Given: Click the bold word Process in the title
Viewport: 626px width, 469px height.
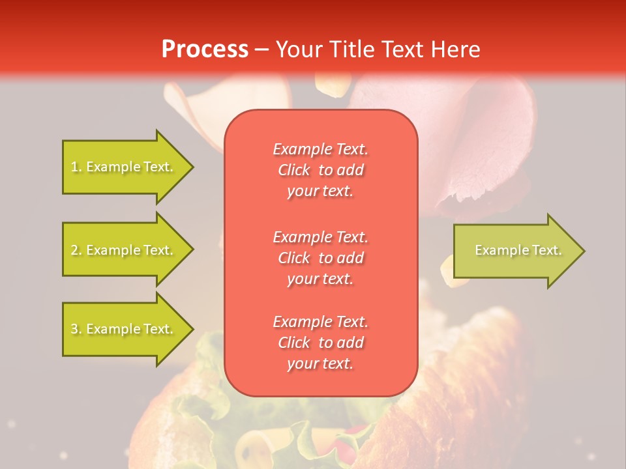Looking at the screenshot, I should pos(205,50).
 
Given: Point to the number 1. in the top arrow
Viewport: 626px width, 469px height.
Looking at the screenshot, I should pos(76,167).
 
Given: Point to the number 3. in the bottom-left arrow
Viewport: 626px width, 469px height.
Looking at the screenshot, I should pos(76,329).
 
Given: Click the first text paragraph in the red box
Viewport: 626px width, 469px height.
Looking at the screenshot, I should pos(320,170).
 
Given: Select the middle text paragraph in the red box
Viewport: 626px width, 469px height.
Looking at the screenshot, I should pos(320,258).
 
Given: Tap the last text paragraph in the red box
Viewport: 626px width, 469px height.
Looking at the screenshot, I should pos(320,343).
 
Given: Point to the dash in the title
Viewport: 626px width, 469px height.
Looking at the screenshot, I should pos(261,50).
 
